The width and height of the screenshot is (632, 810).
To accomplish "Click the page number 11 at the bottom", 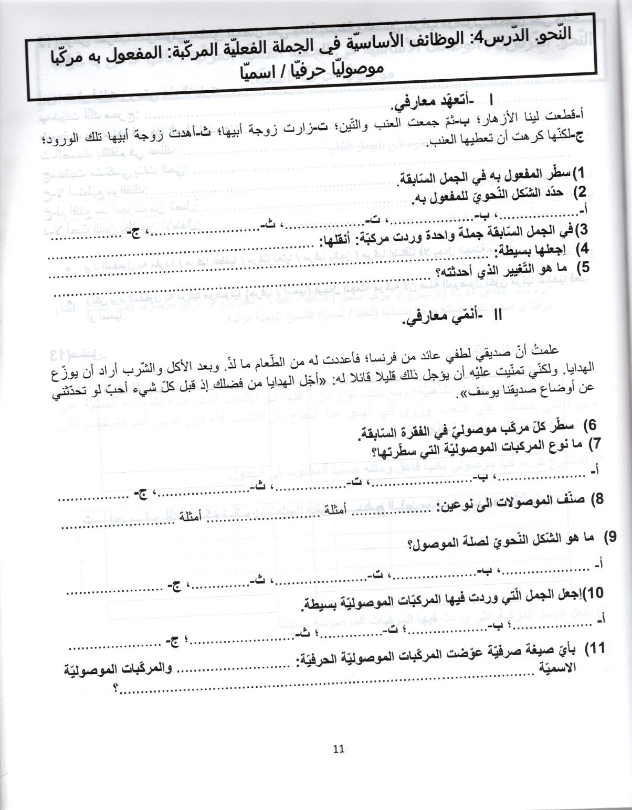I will (x=338, y=749).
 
